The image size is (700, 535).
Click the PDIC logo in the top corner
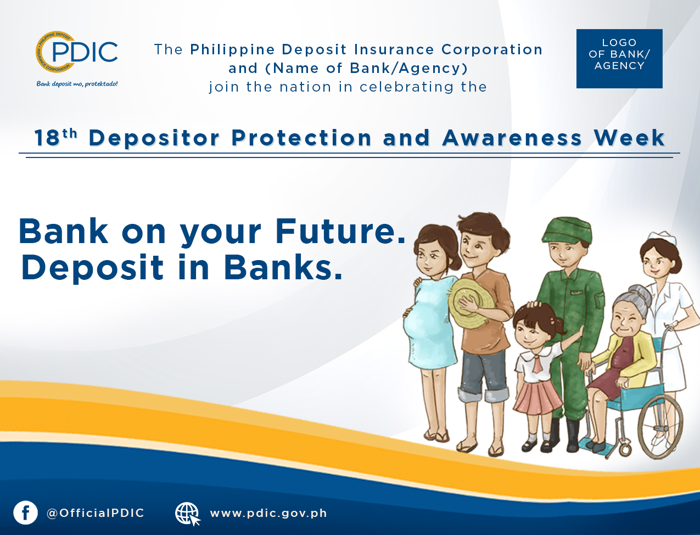pos(76,52)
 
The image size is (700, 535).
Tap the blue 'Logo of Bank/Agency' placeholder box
pos(619,59)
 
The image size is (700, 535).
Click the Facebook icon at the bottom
pos(25,513)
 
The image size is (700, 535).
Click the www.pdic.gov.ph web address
pos(268,514)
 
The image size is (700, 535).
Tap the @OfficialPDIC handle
pos(96,513)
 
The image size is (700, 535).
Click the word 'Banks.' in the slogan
pos(283,267)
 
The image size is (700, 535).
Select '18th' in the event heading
pos(56,137)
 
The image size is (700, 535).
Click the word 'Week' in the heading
pos(629,138)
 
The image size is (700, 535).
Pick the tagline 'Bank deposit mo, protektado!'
pos(77,84)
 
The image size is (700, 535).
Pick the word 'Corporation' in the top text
pos(492,50)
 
